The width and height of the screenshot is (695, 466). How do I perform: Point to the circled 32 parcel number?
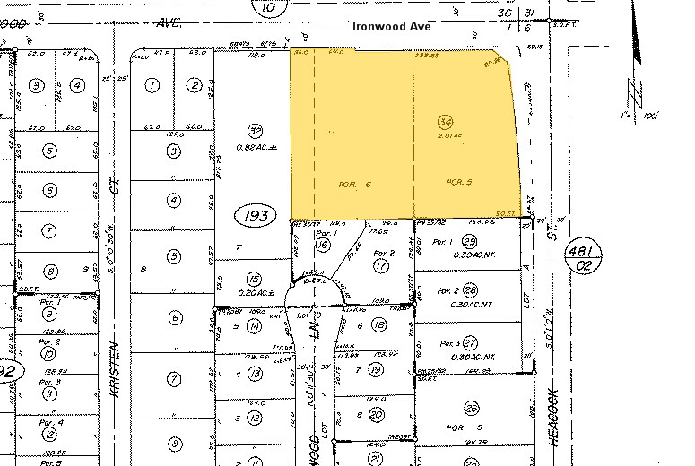(x=255, y=130)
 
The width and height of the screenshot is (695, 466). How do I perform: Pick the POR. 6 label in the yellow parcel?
(x=351, y=183)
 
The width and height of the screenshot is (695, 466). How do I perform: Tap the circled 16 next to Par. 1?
(x=323, y=245)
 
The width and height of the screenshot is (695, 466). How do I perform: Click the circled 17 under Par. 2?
(x=381, y=265)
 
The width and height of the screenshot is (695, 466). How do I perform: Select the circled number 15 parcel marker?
(x=254, y=279)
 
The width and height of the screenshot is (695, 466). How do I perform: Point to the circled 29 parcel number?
(x=469, y=243)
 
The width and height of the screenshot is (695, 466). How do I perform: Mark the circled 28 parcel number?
(x=470, y=291)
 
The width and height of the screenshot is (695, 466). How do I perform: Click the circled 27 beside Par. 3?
(x=470, y=342)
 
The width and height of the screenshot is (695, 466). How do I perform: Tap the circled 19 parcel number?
(x=377, y=369)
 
